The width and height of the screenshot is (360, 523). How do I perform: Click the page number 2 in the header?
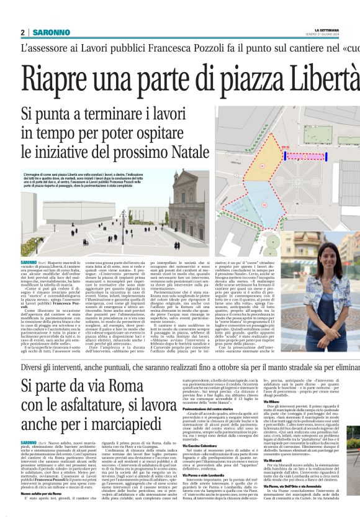click(x=22, y=32)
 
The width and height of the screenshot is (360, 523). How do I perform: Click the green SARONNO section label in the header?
click(x=52, y=32)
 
